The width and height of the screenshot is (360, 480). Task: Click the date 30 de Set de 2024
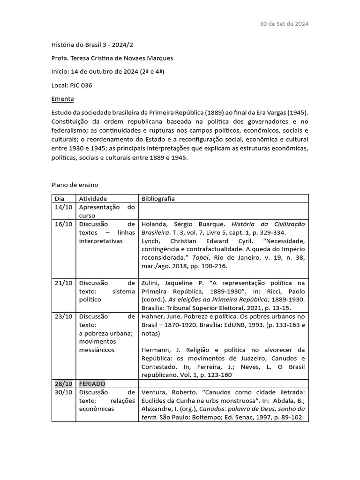(284, 24)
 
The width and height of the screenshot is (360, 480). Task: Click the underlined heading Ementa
(62, 99)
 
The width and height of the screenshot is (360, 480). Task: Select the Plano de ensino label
(75, 185)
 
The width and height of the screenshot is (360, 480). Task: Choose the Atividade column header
(93, 198)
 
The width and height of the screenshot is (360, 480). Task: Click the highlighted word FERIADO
(92, 383)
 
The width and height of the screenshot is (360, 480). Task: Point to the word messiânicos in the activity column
(97, 350)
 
